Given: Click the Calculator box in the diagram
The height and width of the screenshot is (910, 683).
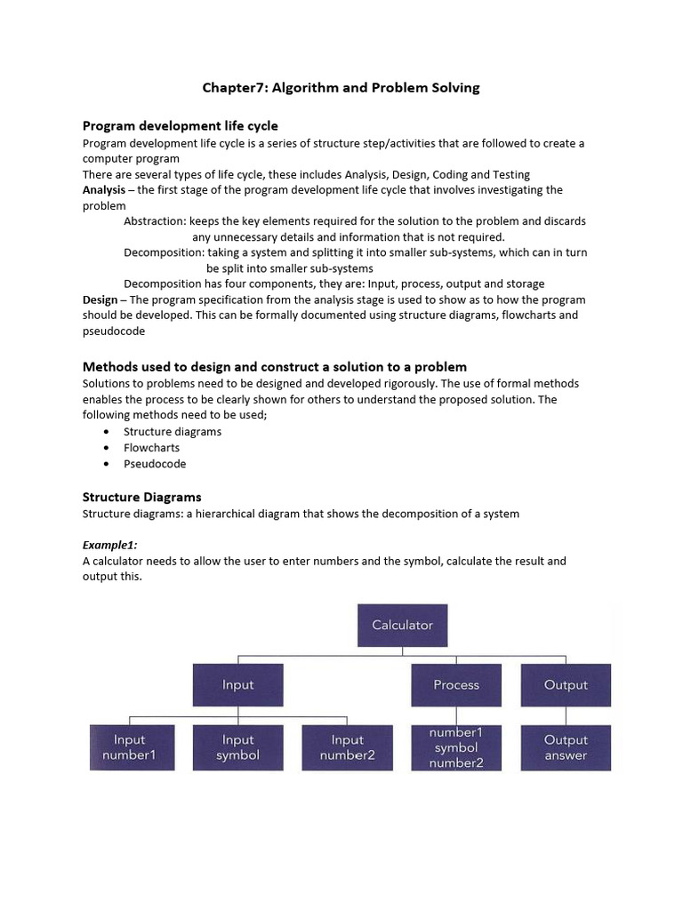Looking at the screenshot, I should pos(402,626).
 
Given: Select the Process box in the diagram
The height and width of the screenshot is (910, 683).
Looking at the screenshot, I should pos(456,685).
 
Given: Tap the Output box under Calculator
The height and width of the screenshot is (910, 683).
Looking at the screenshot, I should pos(566,685).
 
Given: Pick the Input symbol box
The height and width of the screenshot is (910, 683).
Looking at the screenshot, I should pos(237,747).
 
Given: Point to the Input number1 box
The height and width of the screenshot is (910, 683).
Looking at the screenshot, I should pos(129,747).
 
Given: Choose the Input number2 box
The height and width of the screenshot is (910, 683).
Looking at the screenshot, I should pos(347,747).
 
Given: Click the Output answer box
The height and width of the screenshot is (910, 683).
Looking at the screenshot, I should pos(566,747).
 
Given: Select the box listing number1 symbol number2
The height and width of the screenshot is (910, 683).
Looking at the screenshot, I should pos(456,747).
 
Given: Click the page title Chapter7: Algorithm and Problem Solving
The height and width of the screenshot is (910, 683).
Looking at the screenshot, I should pos(341,87).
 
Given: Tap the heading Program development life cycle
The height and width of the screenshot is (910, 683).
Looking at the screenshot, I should pos(181,126).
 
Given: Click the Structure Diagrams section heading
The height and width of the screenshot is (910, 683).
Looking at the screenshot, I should pos(142,497).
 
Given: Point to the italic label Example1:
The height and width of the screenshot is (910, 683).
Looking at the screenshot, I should pos(110,544).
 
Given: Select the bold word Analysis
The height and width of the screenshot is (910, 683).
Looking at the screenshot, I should pos(104,190).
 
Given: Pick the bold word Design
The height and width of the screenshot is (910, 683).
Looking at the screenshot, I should pos(100,299).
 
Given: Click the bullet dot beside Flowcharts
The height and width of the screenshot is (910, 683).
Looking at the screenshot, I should pos(107,448).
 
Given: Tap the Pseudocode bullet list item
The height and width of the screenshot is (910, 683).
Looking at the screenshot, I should pos(155,464).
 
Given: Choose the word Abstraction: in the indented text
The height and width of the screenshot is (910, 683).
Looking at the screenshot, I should pos(155,221).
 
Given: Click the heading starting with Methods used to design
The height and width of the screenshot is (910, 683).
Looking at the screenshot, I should pos(275,367).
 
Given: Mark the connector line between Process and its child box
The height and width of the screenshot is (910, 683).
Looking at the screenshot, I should pos(456,715).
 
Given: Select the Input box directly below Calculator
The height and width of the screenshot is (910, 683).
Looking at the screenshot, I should pos(237,685).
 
